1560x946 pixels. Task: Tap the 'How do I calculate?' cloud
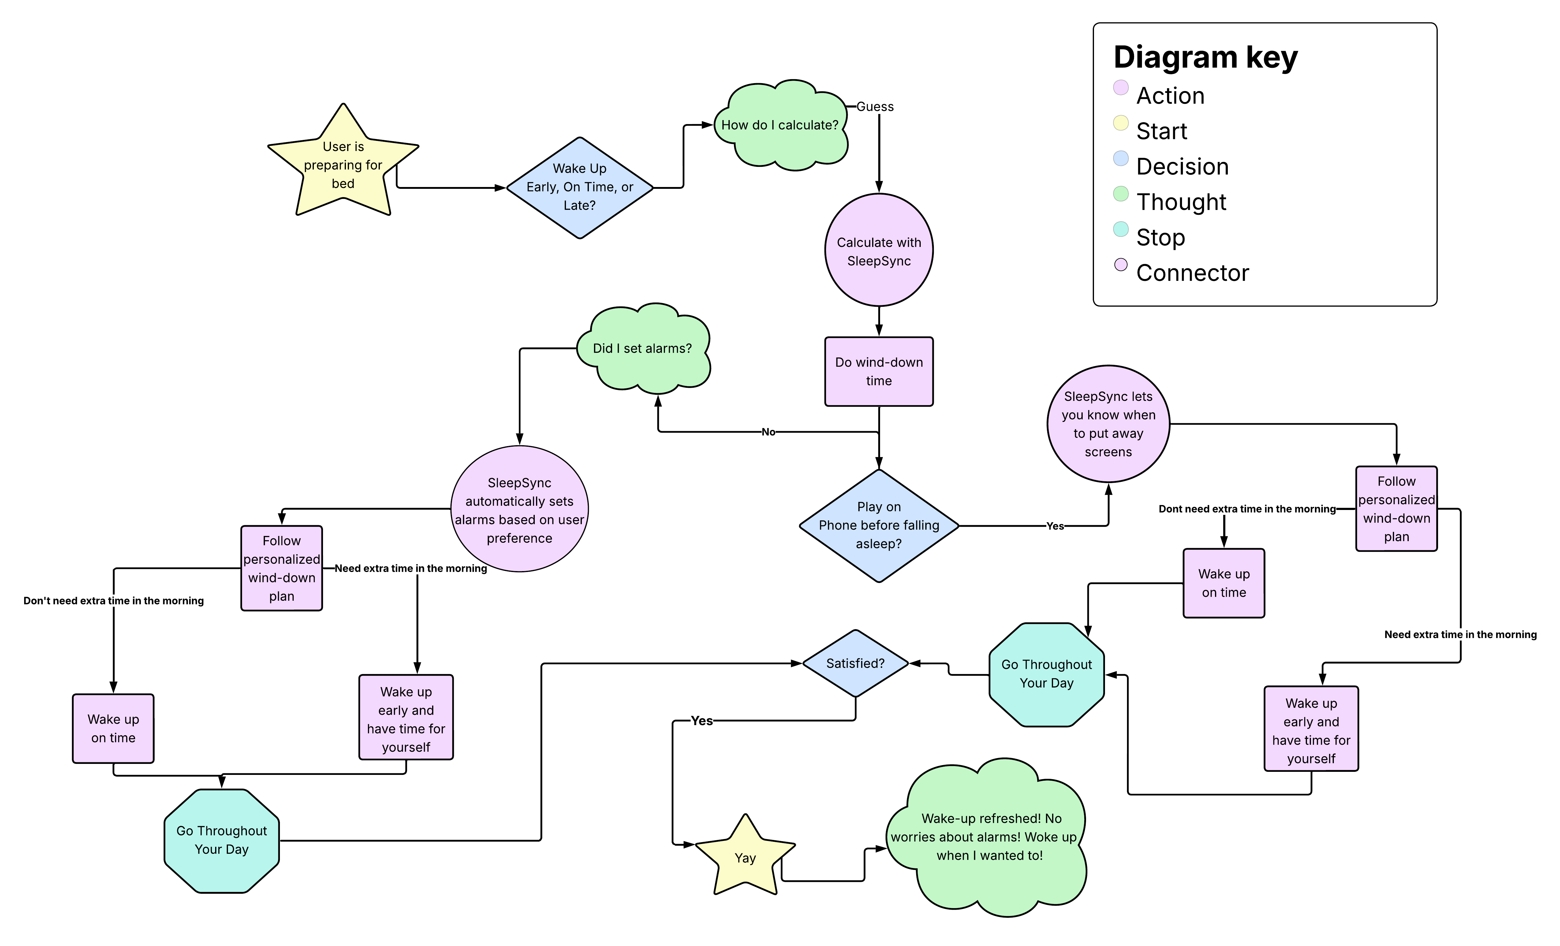[780, 125]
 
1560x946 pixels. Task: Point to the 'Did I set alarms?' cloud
[643, 349]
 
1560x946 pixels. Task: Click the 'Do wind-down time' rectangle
[879, 372]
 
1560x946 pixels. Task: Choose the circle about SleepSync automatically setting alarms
[519, 510]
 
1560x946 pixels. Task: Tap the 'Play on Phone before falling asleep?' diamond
[879, 526]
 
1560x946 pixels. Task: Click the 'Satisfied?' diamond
[855, 664]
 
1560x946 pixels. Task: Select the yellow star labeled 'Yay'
[745, 858]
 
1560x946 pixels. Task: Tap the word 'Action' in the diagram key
[1170, 96]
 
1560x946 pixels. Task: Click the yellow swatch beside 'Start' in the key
[1121, 123]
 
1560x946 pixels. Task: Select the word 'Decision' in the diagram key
[1182, 167]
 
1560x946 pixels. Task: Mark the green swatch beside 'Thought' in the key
[1121, 194]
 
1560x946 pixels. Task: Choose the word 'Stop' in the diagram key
[1161, 237]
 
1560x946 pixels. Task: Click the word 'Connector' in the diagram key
[1192, 273]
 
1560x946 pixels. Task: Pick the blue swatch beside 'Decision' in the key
[1121, 158]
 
